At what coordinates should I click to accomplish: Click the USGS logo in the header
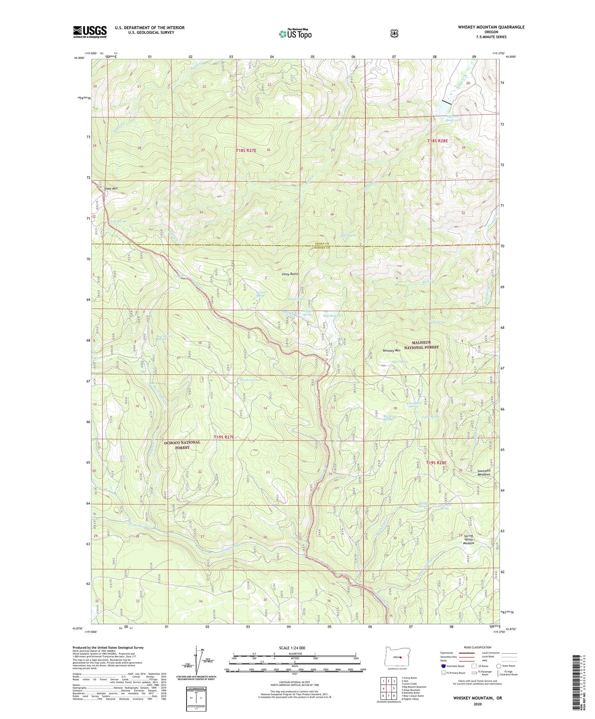pos(90,32)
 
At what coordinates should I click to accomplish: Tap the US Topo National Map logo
pos(295,34)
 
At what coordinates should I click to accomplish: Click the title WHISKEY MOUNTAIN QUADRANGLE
pos(491,27)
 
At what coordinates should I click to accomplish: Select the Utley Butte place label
pos(289,274)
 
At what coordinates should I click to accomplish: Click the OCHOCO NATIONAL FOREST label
pos(182,445)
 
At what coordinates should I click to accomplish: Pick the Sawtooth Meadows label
pos(483,473)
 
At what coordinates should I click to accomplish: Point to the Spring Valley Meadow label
pos(469,539)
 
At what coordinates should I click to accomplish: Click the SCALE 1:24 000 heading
pos(292,648)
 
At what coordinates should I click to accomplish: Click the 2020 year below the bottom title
pos(477,704)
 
